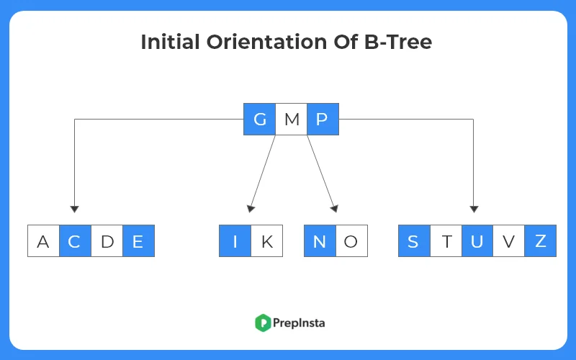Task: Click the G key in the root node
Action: click(259, 120)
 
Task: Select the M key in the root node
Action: click(291, 120)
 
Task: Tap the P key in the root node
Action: click(323, 120)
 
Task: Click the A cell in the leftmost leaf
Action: click(43, 241)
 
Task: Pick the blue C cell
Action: click(75, 241)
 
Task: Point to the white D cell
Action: click(107, 241)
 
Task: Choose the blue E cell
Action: click(138, 241)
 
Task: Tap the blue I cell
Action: click(235, 241)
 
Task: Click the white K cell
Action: click(266, 241)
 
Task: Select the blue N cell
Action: click(320, 241)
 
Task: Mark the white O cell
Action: click(351, 241)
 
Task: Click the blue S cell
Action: click(414, 241)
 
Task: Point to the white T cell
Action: click(446, 241)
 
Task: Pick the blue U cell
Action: click(477, 241)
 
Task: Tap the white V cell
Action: click(509, 241)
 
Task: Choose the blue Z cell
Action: click(541, 241)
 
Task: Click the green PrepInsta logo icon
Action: click(262, 323)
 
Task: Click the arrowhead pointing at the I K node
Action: click(251, 209)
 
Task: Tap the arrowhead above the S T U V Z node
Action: click(474, 209)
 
